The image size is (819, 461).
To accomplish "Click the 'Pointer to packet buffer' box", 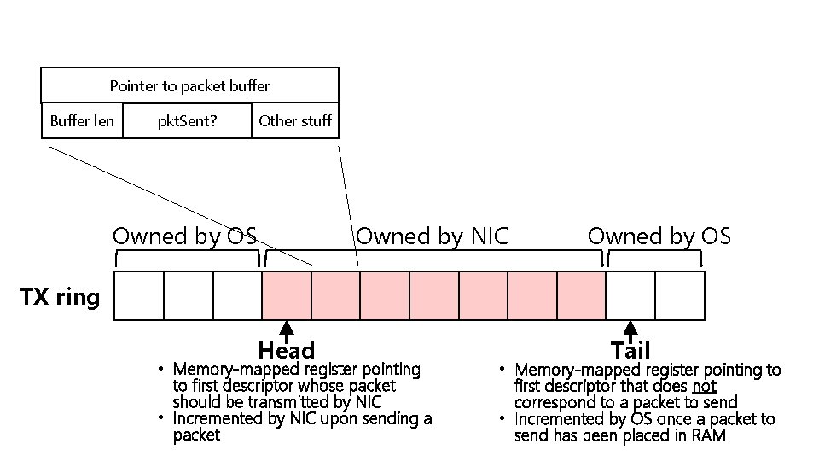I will [x=189, y=85].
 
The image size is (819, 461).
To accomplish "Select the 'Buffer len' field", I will [x=82, y=120].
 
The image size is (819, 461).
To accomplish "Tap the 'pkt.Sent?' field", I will [x=187, y=120].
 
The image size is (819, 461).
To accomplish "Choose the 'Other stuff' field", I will [x=295, y=120].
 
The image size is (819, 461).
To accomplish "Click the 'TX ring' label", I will [x=59, y=297].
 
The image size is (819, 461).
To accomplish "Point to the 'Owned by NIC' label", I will [x=432, y=236].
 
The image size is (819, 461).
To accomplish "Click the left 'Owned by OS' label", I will [x=185, y=236].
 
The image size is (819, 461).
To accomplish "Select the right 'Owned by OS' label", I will [x=659, y=236].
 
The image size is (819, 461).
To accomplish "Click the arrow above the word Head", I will [x=287, y=331].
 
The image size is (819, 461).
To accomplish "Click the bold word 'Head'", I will [x=287, y=351].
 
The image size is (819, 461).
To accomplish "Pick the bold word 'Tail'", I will [x=630, y=351].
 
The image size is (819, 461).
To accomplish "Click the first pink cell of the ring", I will [x=287, y=295].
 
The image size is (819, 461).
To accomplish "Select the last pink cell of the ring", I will [x=581, y=295].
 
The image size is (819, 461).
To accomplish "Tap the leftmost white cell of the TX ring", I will [x=138, y=295].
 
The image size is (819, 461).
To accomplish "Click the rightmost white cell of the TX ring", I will [x=680, y=295].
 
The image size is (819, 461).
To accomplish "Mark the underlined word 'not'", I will [x=704, y=386].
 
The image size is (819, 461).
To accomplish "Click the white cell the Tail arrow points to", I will [x=630, y=295].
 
